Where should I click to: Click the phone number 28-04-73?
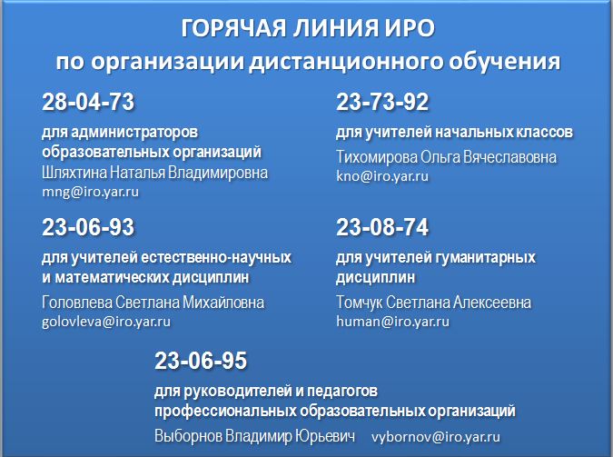coord(88,102)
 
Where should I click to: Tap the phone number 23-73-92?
coord(382,102)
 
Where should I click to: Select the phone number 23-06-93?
coord(88,227)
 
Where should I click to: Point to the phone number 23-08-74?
coord(382,227)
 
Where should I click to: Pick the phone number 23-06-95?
coord(201,361)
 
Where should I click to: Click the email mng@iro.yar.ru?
coord(90,192)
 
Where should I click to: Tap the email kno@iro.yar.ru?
coord(382,176)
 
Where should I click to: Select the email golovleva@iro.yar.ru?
coord(106,322)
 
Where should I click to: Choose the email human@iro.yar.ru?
coord(393,322)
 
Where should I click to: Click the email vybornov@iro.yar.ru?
coord(436,437)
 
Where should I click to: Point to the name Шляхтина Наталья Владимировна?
coord(154,173)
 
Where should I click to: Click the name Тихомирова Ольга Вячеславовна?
coord(447,157)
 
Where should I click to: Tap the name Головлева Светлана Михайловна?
coord(153,302)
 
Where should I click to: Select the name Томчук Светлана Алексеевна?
coord(433,302)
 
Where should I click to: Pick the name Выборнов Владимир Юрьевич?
coord(255,436)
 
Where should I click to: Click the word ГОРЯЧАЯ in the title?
coord(233,28)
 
